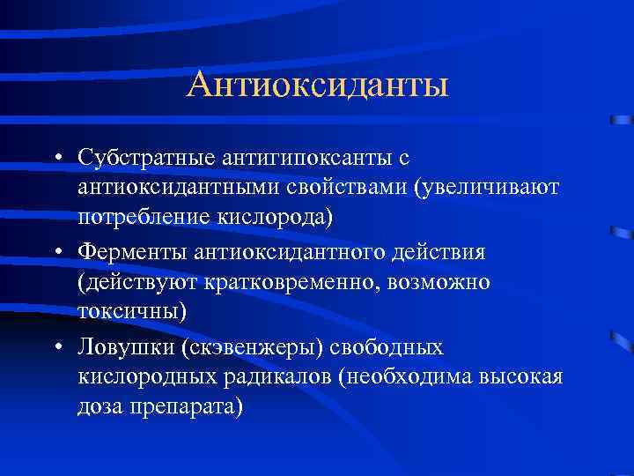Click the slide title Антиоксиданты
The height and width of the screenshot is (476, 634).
318,86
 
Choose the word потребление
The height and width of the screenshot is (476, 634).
139,218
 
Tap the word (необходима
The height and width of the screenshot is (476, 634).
406,378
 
